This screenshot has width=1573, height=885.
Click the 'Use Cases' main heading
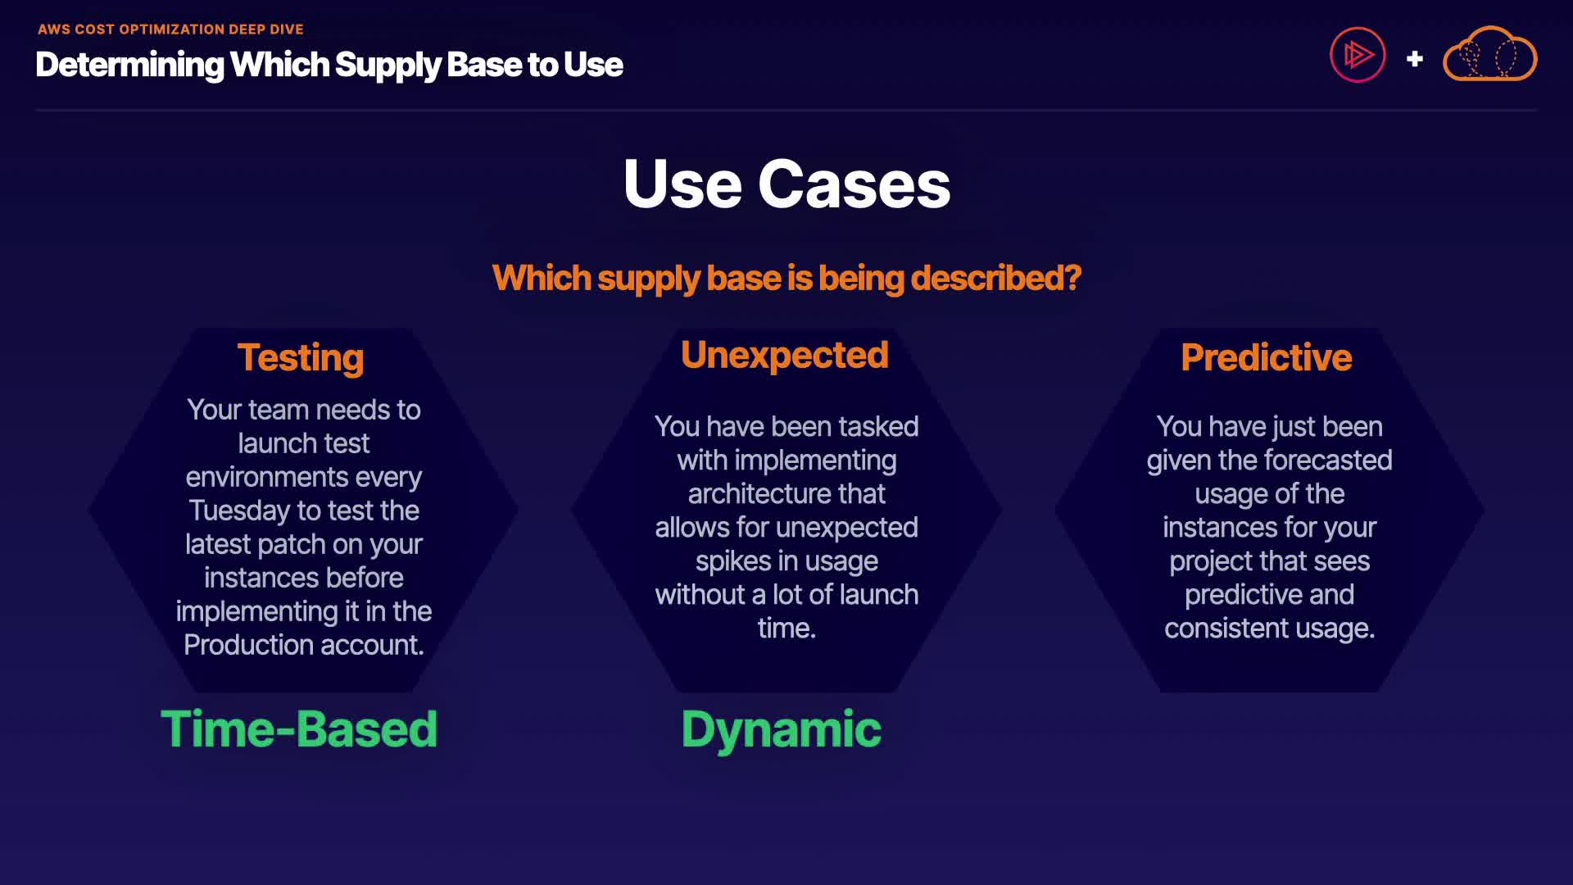786,184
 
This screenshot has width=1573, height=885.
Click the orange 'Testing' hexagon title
301,358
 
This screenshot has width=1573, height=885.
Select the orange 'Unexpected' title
784,355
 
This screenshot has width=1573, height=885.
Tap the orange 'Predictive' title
1266,357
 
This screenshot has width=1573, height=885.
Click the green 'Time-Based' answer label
299,728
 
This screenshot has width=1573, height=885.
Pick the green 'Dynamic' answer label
781,729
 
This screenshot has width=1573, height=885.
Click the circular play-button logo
1358,56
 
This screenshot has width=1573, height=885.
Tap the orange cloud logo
1489,55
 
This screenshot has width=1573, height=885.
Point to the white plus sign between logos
1414,59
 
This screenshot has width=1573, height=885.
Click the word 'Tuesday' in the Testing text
239,511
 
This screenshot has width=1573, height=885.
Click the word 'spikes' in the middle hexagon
733,561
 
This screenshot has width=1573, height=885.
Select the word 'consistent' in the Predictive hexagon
1226,629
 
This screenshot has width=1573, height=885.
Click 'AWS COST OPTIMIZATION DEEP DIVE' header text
170,29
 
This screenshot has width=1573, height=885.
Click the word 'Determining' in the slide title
129,65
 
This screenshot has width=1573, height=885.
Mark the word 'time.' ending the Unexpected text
786,629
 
